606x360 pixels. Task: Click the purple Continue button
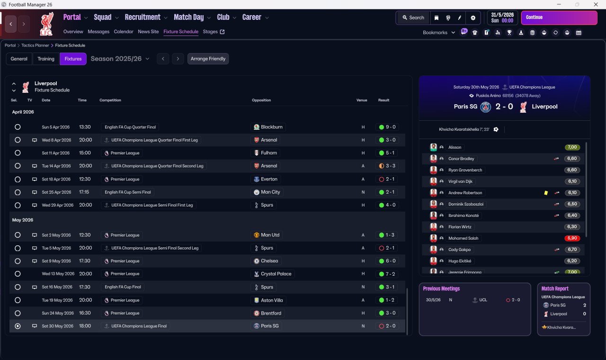coord(559,18)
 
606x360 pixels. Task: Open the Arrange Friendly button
coord(208,59)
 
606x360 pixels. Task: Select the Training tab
coord(46,59)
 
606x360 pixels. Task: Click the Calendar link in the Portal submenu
coord(124,32)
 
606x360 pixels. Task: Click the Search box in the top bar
coord(413,18)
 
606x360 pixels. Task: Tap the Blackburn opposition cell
coord(268,127)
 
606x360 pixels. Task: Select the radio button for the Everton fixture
coord(18,179)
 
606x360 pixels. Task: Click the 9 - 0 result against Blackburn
coord(387,127)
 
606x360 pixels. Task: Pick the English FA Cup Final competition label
coord(123,287)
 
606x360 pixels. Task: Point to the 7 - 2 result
coord(387,274)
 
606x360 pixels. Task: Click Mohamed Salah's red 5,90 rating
coord(572,238)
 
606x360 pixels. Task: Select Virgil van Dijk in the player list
coord(460,181)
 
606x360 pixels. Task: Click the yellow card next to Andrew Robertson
coord(546,193)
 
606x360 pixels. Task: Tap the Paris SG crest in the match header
coord(486,107)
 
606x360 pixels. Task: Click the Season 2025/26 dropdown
coord(120,59)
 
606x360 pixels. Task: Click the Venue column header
coord(362,100)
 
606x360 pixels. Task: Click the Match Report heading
coord(555,288)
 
